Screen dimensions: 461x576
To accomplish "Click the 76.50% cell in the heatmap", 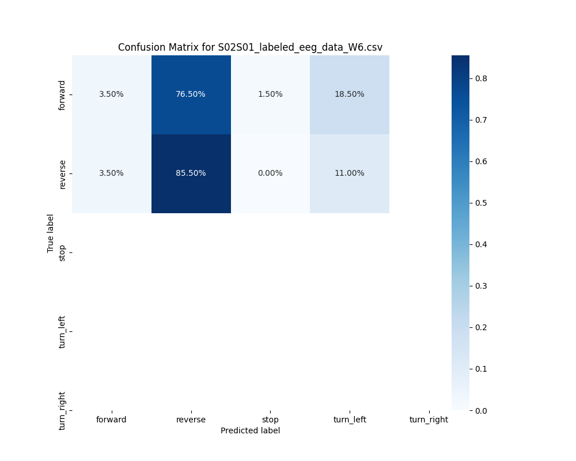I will (191, 95).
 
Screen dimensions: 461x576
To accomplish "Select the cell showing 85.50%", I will (191, 173).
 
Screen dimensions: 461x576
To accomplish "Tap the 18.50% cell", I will (349, 95).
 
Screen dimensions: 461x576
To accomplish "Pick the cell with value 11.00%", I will (349, 173).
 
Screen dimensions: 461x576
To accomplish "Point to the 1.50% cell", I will (270, 95).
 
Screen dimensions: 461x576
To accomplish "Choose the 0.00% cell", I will (270, 173).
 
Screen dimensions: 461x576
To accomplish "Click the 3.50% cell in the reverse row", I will (111, 173).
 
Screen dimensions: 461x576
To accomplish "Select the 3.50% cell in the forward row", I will (111, 95).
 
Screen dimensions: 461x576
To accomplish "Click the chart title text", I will (250, 47).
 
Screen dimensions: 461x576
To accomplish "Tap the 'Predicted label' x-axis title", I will (250, 430).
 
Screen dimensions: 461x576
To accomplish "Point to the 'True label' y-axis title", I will (51, 233).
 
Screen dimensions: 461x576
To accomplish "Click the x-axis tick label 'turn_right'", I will (429, 420).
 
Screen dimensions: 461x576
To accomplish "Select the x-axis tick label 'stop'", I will (270, 420).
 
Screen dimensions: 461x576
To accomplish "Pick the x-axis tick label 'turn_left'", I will (349, 420).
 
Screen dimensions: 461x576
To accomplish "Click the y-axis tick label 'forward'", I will (62, 95).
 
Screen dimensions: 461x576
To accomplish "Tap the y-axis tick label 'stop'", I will (62, 253).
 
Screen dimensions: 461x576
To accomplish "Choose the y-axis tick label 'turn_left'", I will (62, 332).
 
